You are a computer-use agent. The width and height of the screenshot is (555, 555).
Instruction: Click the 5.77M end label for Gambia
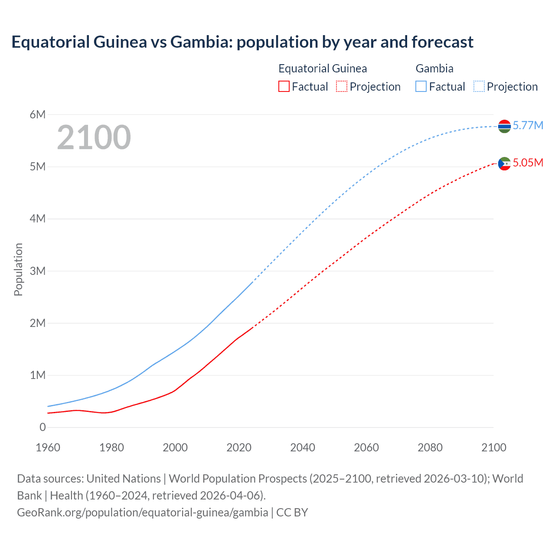coord(528,125)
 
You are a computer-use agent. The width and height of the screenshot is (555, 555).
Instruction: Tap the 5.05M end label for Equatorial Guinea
coord(528,163)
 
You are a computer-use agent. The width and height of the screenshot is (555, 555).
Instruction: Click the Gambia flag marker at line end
coord(504,126)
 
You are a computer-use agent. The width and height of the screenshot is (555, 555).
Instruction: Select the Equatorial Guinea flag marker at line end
coord(504,163)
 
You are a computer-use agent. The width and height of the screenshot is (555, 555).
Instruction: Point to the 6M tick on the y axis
coord(38,114)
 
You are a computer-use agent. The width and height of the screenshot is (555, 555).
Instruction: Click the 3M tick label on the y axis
coord(38,271)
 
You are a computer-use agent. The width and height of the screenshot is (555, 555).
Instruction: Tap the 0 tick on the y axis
coord(42,427)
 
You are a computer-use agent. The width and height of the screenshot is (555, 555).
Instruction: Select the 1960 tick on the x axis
coord(48,447)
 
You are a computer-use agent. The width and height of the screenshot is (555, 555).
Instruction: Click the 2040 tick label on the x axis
coord(303,447)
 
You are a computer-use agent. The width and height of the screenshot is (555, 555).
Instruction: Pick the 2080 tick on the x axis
coord(430,447)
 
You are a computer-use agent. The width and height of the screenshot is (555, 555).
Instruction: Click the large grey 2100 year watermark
coord(94,137)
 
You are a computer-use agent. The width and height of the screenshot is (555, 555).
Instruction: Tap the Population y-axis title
coord(18,269)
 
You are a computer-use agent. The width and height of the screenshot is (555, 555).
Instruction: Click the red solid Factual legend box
coord(284,86)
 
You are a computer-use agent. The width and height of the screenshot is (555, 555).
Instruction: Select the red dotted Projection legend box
coord(342,86)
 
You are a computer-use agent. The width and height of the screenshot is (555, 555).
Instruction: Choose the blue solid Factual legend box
coord(421,86)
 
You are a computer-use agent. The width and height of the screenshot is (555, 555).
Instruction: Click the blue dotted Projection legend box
coord(479,86)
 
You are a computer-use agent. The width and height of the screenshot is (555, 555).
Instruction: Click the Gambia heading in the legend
coord(434,69)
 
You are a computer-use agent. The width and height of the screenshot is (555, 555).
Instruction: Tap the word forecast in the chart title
coord(442,42)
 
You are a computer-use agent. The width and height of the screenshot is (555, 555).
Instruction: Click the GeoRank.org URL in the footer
coord(142,512)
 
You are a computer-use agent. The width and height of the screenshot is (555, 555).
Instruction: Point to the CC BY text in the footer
coord(292,512)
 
